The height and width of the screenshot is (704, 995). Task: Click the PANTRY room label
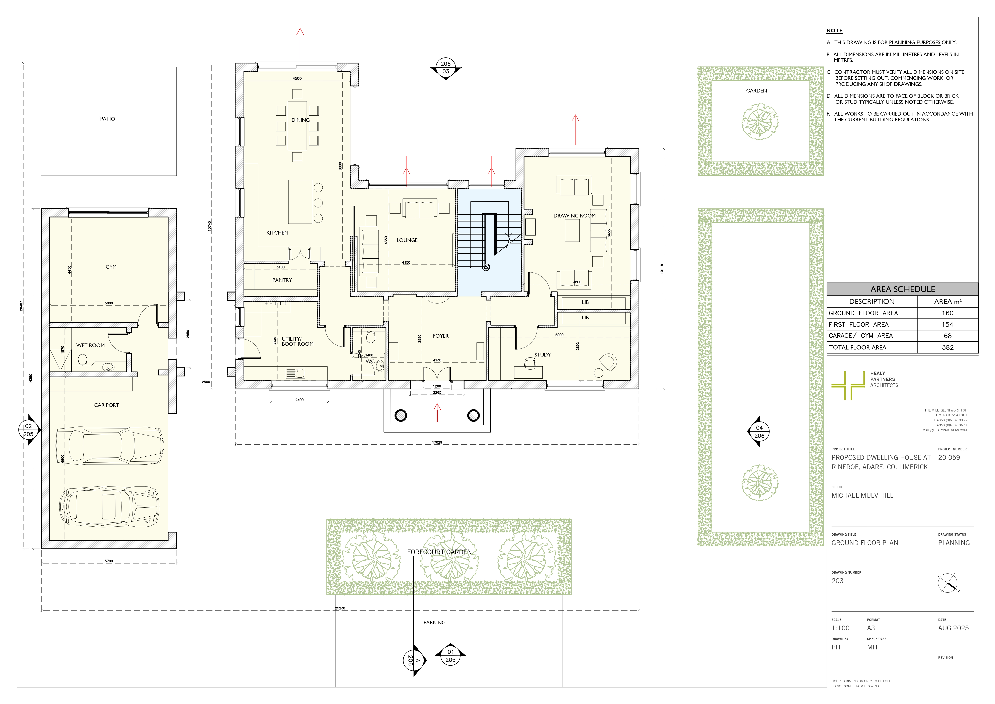pos(282,280)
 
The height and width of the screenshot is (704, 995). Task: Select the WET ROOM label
pos(91,345)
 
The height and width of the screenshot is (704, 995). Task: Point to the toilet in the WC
pos(370,337)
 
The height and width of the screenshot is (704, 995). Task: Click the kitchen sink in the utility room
pos(295,373)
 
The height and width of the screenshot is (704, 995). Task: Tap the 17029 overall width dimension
pos(437,442)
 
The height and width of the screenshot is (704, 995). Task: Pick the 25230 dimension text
pos(340,608)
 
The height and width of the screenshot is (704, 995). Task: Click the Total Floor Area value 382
pos(948,347)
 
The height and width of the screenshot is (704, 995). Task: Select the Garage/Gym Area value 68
pos(948,336)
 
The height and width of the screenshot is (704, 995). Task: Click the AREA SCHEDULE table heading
pos(903,289)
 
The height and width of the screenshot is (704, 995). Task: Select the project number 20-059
pos(949,458)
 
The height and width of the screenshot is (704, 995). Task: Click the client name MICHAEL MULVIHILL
pos(862,495)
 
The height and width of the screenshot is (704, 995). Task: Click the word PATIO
pos(107,119)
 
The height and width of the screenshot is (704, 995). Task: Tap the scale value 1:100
pos(840,628)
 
